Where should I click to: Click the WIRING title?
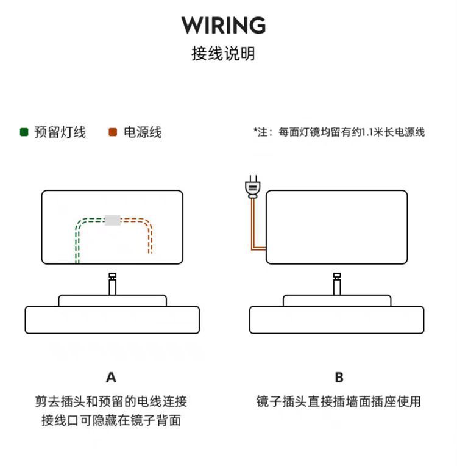(224, 26)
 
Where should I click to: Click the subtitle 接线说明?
(223, 54)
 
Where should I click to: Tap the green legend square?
(24, 132)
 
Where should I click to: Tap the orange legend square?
(112, 132)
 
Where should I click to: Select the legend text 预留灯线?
(60, 132)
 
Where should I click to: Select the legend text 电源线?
(143, 132)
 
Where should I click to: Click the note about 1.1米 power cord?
(339, 132)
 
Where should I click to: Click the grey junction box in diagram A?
(112, 220)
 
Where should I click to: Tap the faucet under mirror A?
(112, 284)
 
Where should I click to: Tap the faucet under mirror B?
(337, 284)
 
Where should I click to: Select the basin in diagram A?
(112, 300)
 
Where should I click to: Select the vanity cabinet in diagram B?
(337, 320)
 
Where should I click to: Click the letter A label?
(111, 378)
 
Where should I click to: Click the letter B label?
(339, 378)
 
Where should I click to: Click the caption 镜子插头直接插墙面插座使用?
(339, 401)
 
